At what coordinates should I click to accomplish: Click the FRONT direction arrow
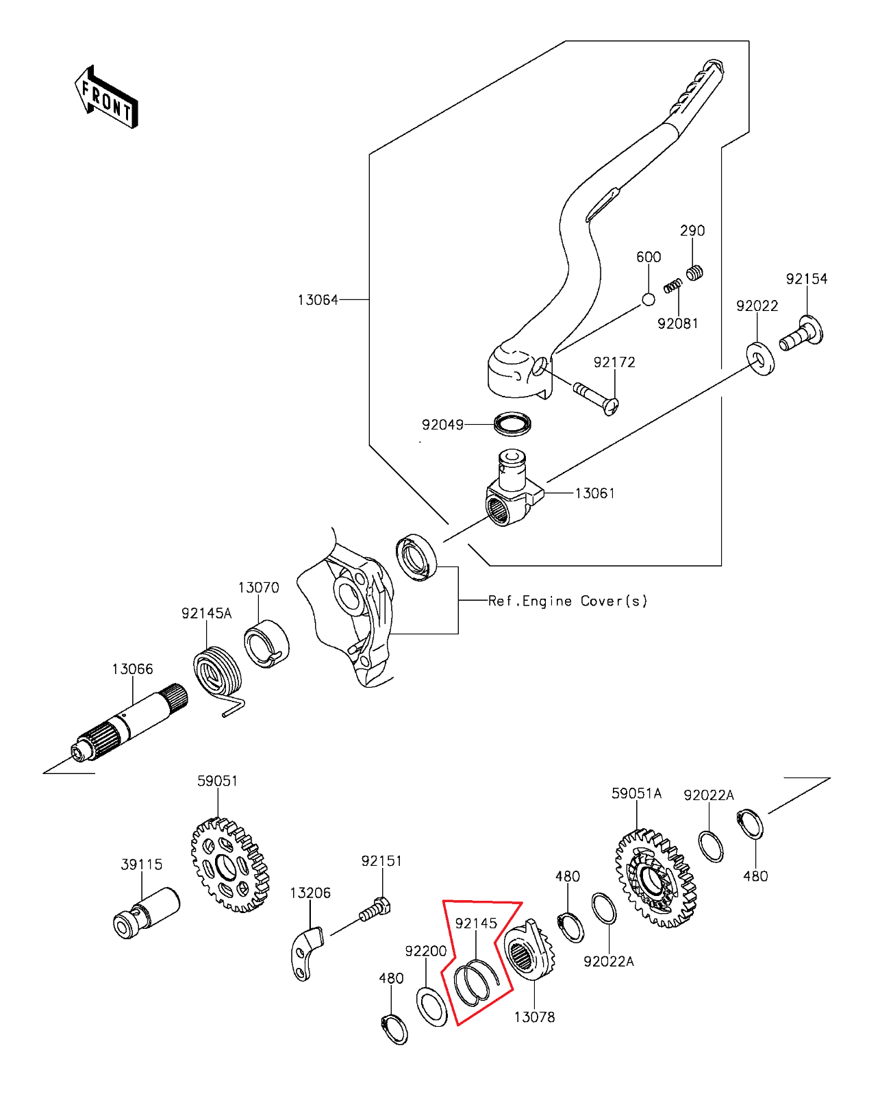coord(106,98)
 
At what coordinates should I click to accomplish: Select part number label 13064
coord(318,300)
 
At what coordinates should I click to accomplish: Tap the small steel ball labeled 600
coord(648,299)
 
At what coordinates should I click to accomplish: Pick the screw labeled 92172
coord(596,397)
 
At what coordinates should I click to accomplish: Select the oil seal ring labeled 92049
coord(512,423)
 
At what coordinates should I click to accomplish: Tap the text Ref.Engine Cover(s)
coord(567,601)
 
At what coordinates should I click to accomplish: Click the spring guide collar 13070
coord(266,643)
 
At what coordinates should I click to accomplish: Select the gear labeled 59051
coord(229,866)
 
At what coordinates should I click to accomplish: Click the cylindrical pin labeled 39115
coord(146,910)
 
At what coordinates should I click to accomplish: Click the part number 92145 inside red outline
coord(476,923)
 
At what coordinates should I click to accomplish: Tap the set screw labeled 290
coord(694,273)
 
